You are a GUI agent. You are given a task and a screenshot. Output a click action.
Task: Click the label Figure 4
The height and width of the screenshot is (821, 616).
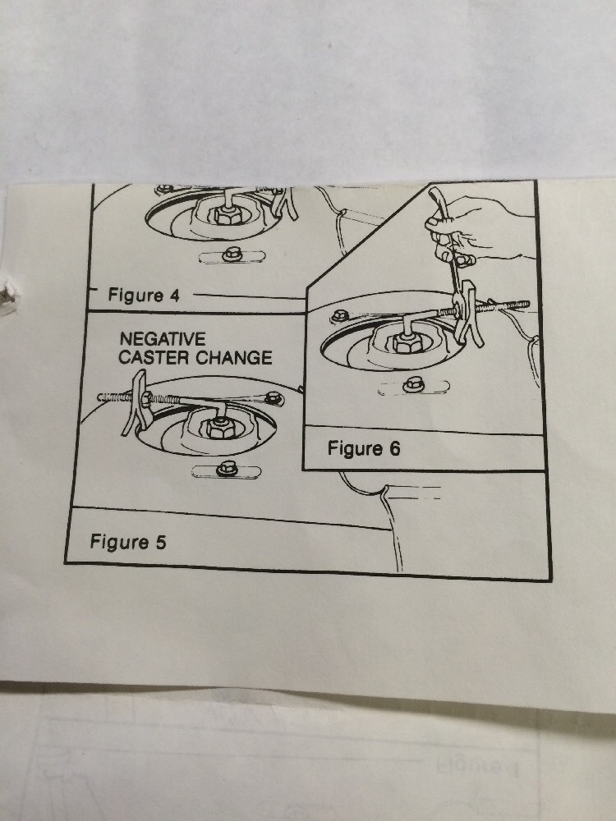pos(144,296)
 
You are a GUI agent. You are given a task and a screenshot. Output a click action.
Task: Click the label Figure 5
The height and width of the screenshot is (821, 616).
pos(128,541)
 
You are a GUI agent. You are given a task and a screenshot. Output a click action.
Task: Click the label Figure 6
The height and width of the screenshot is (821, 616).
pos(364,448)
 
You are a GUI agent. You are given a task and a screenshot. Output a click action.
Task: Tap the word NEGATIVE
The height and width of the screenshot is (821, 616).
pos(163,339)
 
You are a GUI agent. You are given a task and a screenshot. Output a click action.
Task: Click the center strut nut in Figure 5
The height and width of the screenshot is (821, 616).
pos(220,427)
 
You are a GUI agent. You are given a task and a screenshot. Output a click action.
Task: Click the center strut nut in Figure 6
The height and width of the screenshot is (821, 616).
pos(407,342)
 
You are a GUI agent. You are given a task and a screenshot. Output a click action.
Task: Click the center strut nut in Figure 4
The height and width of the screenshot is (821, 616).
pos(228,214)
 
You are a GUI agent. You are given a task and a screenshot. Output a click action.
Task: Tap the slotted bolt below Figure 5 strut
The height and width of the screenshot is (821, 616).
pos(227,469)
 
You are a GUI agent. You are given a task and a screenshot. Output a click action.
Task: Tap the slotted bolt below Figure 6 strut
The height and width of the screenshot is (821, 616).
pos(414,385)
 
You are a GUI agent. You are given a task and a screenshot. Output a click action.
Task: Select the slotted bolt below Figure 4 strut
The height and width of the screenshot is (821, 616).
pos(232,255)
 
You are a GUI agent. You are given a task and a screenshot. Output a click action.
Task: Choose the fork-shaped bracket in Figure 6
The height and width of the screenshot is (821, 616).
pos(469,314)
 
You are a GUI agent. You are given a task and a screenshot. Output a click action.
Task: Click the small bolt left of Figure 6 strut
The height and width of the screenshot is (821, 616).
pos(340,316)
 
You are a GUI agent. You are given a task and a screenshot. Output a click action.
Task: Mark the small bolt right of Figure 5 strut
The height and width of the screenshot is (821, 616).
pos(274,399)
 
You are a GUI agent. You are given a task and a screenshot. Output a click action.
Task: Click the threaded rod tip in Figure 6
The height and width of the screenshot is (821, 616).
pos(527,304)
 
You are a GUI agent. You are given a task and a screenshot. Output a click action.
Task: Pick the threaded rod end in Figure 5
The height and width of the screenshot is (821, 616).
pos(100,397)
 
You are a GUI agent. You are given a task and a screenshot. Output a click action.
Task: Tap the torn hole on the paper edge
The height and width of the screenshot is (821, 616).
pos(7,298)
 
